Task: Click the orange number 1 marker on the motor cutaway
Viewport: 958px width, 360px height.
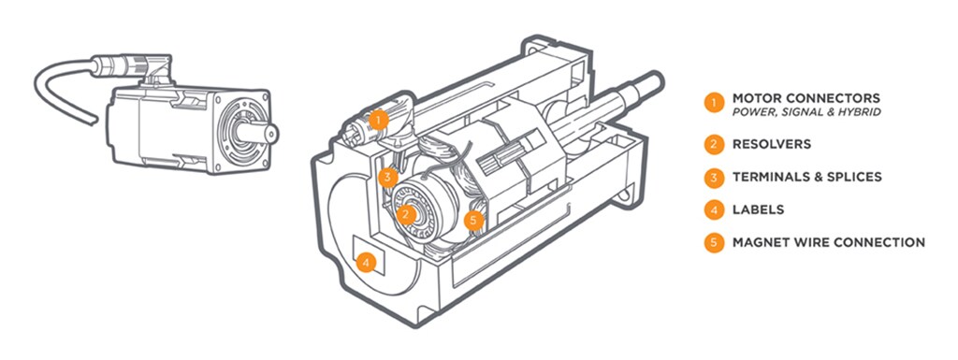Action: pos(379,119)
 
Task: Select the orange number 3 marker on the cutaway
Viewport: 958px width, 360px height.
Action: pos(387,178)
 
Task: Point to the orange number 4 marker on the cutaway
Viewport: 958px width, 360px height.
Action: pos(366,263)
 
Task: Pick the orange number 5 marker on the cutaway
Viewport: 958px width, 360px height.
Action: pos(473,221)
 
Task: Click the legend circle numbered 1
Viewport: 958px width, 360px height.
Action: pos(713,102)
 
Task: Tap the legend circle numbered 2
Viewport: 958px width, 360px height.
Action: pos(713,145)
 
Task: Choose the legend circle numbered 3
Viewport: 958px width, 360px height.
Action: pos(713,178)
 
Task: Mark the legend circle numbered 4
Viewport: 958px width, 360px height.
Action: pos(713,209)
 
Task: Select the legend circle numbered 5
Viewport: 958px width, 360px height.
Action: pos(713,242)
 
